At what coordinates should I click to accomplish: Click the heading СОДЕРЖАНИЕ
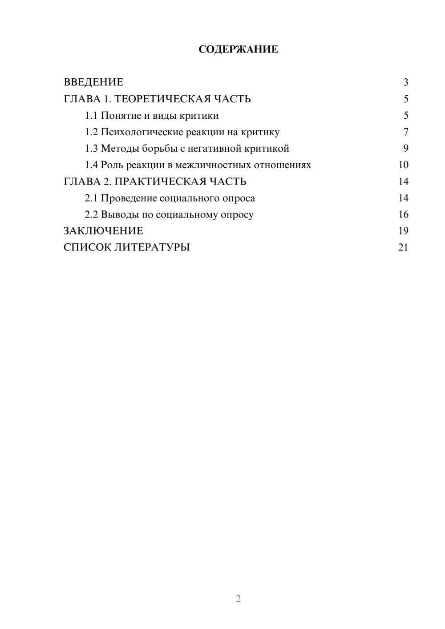point(238,49)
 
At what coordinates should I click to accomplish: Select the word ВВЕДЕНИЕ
point(93,82)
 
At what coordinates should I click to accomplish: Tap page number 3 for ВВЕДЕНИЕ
point(405,82)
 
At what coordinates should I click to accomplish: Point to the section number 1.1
point(91,116)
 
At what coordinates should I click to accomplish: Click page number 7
point(405,132)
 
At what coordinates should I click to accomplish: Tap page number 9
point(405,149)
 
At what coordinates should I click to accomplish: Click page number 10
point(403,165)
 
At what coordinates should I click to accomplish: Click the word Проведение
point(129,198)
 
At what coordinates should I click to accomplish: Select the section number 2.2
point(91,214)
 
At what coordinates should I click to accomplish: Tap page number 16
point(403,214)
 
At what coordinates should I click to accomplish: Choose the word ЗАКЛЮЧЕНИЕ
point(103,231)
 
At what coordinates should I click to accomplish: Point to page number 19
point(403,231)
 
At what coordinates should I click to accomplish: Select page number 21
point(403,247)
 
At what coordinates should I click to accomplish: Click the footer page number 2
point(238,599)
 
